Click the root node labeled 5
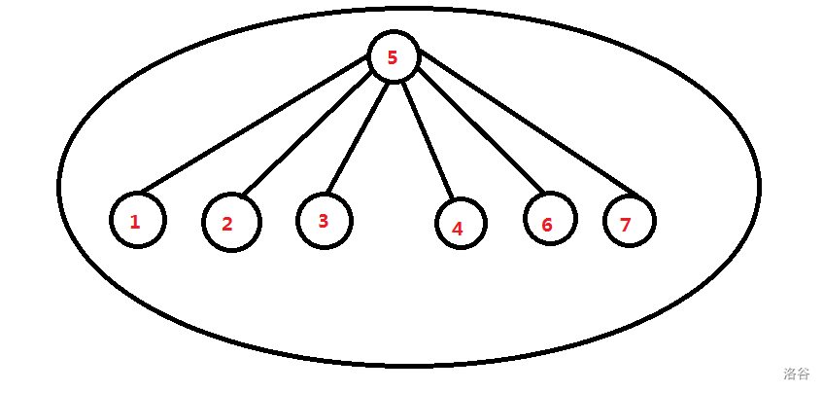(394, 56)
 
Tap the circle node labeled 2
(231, 223)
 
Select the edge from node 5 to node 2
(309, 133)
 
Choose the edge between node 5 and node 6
(478, 126)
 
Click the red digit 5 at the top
(393, 57)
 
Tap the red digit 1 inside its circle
(135, 222)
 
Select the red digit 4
(457, 230)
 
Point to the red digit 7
(626, 225)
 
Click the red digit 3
(324, 221)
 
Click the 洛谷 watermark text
(796, 374)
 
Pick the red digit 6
(547, 226)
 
